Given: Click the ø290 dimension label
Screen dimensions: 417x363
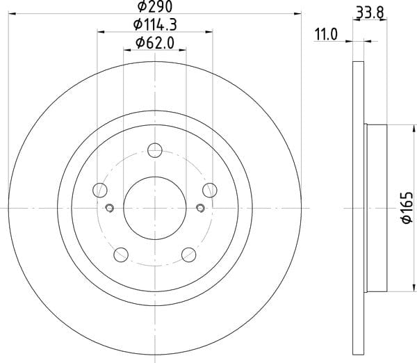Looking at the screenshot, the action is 155,6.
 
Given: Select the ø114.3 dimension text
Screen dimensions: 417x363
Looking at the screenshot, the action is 155,25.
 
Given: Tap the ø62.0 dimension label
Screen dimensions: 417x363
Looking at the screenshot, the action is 155,43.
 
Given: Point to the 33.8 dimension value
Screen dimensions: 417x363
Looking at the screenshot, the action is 370,13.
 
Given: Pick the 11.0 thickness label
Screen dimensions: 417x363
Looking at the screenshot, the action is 326,35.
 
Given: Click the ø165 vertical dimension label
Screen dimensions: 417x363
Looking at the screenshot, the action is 407,208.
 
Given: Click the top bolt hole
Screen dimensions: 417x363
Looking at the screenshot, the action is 155,150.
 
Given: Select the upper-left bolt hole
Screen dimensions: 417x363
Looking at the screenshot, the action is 100,191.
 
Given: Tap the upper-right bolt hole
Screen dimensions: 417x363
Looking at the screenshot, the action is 210,191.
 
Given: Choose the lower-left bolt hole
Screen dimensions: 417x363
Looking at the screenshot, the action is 121,255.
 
